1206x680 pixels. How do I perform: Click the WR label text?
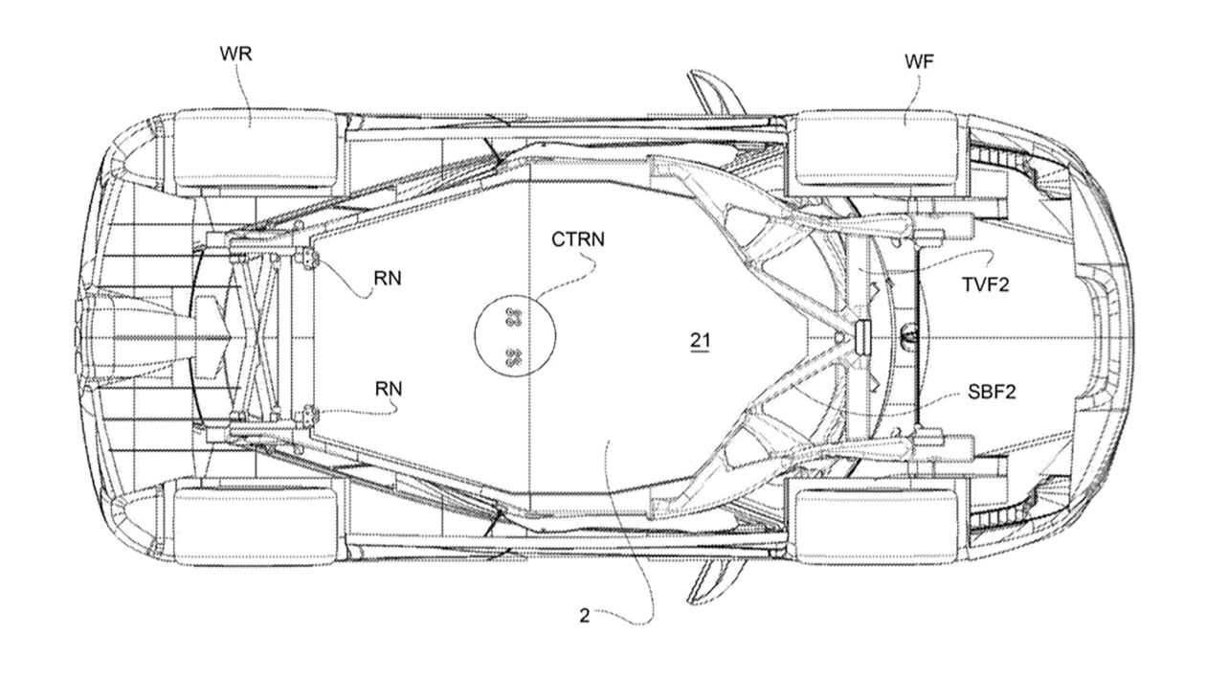tap(235, 53)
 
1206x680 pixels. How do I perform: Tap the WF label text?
tap(919, 62)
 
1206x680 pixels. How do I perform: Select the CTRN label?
tap(577, 239)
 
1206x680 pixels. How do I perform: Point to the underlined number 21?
tap(701, 340)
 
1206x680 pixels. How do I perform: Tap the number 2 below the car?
tap(585, 616)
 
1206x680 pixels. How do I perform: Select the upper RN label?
tap(389, 279)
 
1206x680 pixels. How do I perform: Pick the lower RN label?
tap(389, 389)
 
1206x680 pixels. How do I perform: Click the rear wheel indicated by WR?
tap(255, 148)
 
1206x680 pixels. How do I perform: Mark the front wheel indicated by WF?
tap(876, 147)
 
